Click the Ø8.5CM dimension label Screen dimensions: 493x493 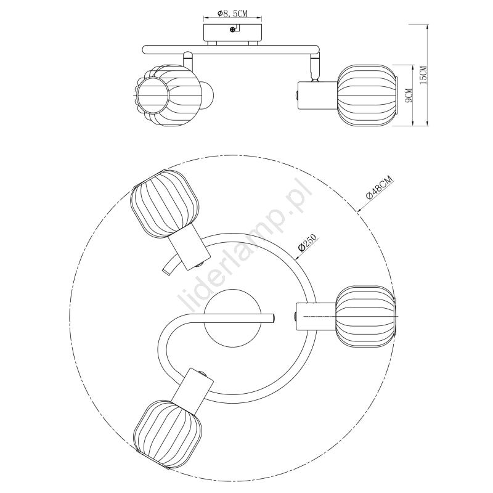[233, 13]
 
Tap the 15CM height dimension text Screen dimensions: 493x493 [423, 75]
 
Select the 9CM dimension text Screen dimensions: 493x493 [408, 96]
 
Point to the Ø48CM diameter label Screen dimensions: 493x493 [380, 188]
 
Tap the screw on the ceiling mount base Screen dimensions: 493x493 [232, 30]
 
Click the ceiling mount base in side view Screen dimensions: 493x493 [232, 33]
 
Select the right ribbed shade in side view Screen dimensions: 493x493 [367, 96]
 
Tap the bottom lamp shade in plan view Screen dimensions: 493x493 [168, 433]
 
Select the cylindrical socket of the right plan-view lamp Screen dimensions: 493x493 [316, 317]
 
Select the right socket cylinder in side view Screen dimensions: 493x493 [317, 96]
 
